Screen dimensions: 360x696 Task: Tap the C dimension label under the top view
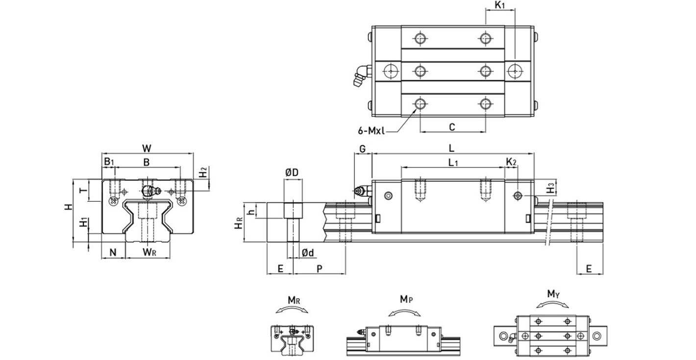452,126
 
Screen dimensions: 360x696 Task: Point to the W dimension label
146,147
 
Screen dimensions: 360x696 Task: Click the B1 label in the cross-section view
109,161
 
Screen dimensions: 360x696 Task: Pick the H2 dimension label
204,172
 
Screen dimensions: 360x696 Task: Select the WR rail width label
149,252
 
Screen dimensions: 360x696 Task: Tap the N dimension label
113,252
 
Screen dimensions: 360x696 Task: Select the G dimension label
362,148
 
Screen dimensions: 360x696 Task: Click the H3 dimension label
551,186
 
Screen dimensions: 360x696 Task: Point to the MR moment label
294,299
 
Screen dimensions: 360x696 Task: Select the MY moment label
552,294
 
